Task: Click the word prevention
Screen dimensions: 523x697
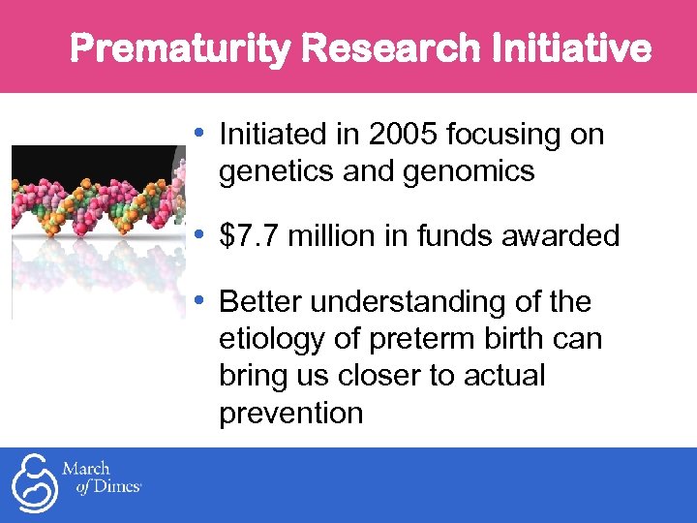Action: pos(290,413)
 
